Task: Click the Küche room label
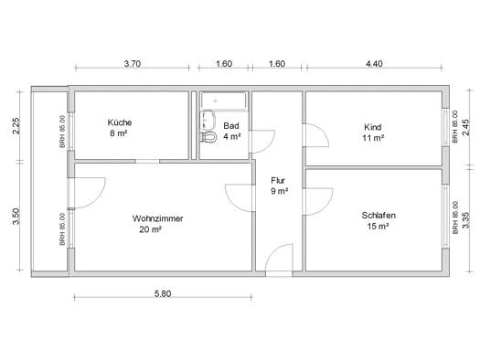coord(120,122)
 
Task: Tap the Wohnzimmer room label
coord(157,218)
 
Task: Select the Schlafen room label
coord(379,216)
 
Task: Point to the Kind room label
coord(372,127)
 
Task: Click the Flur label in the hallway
coord(278,180)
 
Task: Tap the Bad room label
coord(231,126)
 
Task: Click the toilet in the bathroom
coord(208,137)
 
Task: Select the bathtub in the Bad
coord(223,101)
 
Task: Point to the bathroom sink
coord(208,121)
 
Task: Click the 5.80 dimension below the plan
coord(163,294)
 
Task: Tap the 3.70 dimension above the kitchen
coord(133,64)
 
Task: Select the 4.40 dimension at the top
coord(374,64)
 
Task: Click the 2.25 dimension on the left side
coord(16,126)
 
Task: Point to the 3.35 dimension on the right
coord(465,220)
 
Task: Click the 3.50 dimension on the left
coord(16,217)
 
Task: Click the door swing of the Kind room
coord(321,130)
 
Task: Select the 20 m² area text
coord(150,229)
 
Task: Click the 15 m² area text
coord(379,227)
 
